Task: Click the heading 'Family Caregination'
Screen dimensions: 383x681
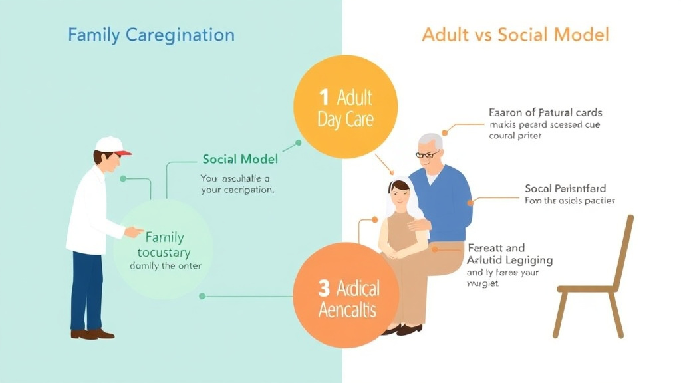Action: (151, 35)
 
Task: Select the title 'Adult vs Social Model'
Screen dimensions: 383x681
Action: (515, 35)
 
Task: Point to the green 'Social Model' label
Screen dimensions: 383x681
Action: (240, 160)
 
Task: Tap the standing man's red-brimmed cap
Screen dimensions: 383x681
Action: (112, 146)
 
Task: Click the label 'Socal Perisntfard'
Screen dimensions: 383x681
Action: (565, 189)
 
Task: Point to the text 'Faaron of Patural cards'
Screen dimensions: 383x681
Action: (545, 113)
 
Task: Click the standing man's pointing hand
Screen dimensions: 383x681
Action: (134, 232)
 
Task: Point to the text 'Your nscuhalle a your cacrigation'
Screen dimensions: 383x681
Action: (237, 184)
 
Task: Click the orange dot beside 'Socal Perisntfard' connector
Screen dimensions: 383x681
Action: (470, 202)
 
